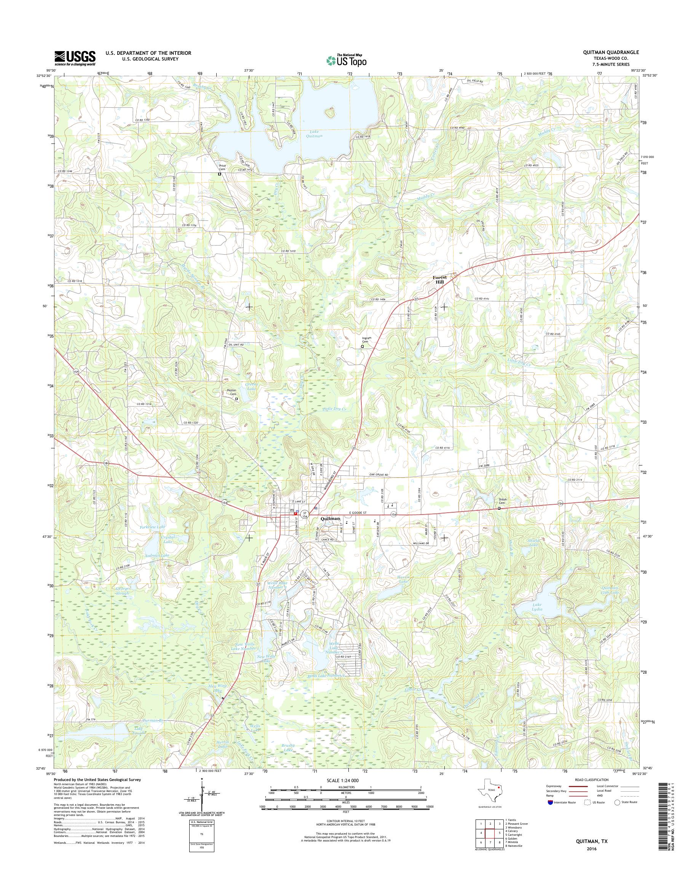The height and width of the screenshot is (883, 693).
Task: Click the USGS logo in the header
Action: coord(75,58)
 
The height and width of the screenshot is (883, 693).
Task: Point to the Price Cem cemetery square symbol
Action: coord(219,174)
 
